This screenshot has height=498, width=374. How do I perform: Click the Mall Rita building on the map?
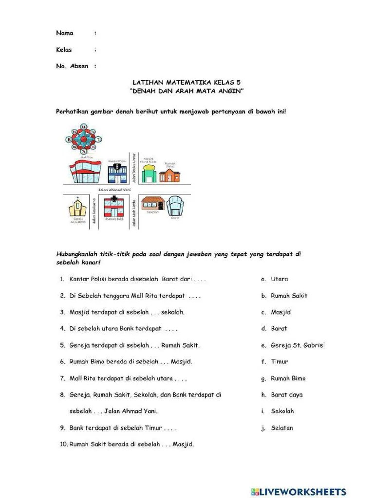tap(86, 172)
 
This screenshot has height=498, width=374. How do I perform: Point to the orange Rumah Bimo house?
tap(169, 175)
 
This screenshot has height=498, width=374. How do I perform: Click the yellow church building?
tap(77, 209)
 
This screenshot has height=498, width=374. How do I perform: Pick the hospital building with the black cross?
tap(114, 208)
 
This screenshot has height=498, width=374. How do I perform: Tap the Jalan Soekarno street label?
tap(94, 214)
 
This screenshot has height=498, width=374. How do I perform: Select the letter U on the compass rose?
tap(84, 127)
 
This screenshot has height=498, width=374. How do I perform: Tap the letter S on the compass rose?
tap(83, 152)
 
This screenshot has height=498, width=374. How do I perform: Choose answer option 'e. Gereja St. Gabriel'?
tap(297, 345)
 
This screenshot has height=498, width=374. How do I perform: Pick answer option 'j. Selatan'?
tap(281, 428)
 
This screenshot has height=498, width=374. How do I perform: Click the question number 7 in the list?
tap(63, 378)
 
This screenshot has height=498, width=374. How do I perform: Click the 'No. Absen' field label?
tap(72, 66)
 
